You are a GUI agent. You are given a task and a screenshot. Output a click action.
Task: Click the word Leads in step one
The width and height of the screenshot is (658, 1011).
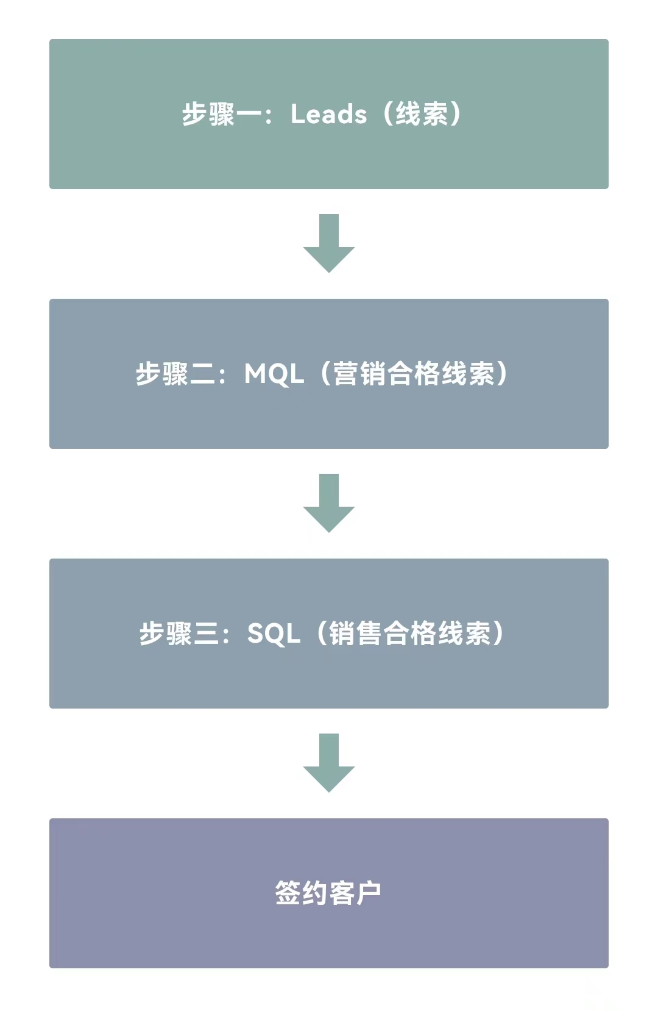pyautogui.click(x=328, y=114)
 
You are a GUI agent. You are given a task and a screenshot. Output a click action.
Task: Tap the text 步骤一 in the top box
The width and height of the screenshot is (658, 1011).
pyautogui.click(x=221, y=114)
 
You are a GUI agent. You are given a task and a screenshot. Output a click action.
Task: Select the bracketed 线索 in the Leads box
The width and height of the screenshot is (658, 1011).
pyautogui.click(x=422, y=114)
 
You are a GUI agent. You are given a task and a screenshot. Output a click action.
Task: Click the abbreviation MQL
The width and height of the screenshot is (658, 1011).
pyautogui.click(x=274, y=374)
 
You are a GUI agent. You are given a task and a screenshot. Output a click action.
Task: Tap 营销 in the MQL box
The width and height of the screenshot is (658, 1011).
pyautogui.click(x=360, y=374)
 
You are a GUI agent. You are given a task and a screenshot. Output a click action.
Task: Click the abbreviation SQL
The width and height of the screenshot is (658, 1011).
pyautogui.click(x=274, y=634)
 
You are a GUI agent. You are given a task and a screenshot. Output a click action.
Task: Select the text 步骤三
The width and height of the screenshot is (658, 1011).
pyautogui.click(x=179, y=633)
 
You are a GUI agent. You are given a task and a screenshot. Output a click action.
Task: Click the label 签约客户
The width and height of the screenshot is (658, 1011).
pyautogui.click(x=328, y=892)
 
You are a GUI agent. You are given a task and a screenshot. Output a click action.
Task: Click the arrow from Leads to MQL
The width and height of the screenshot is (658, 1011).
pyautogui.click(x=329, y=243)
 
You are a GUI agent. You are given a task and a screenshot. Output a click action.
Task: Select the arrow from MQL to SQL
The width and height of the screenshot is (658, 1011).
pyautogui.click(x=329, y=503)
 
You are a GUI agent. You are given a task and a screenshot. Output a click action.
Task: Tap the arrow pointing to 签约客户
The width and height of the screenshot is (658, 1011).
pyautogui.click(x=329, y=763)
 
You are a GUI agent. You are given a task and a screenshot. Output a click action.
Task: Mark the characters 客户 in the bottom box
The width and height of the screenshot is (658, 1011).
pyautogui.click(x=355, y=892)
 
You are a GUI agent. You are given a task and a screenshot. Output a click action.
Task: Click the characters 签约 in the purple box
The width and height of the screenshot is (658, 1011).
pyautogui.click(x=302, y=892)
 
